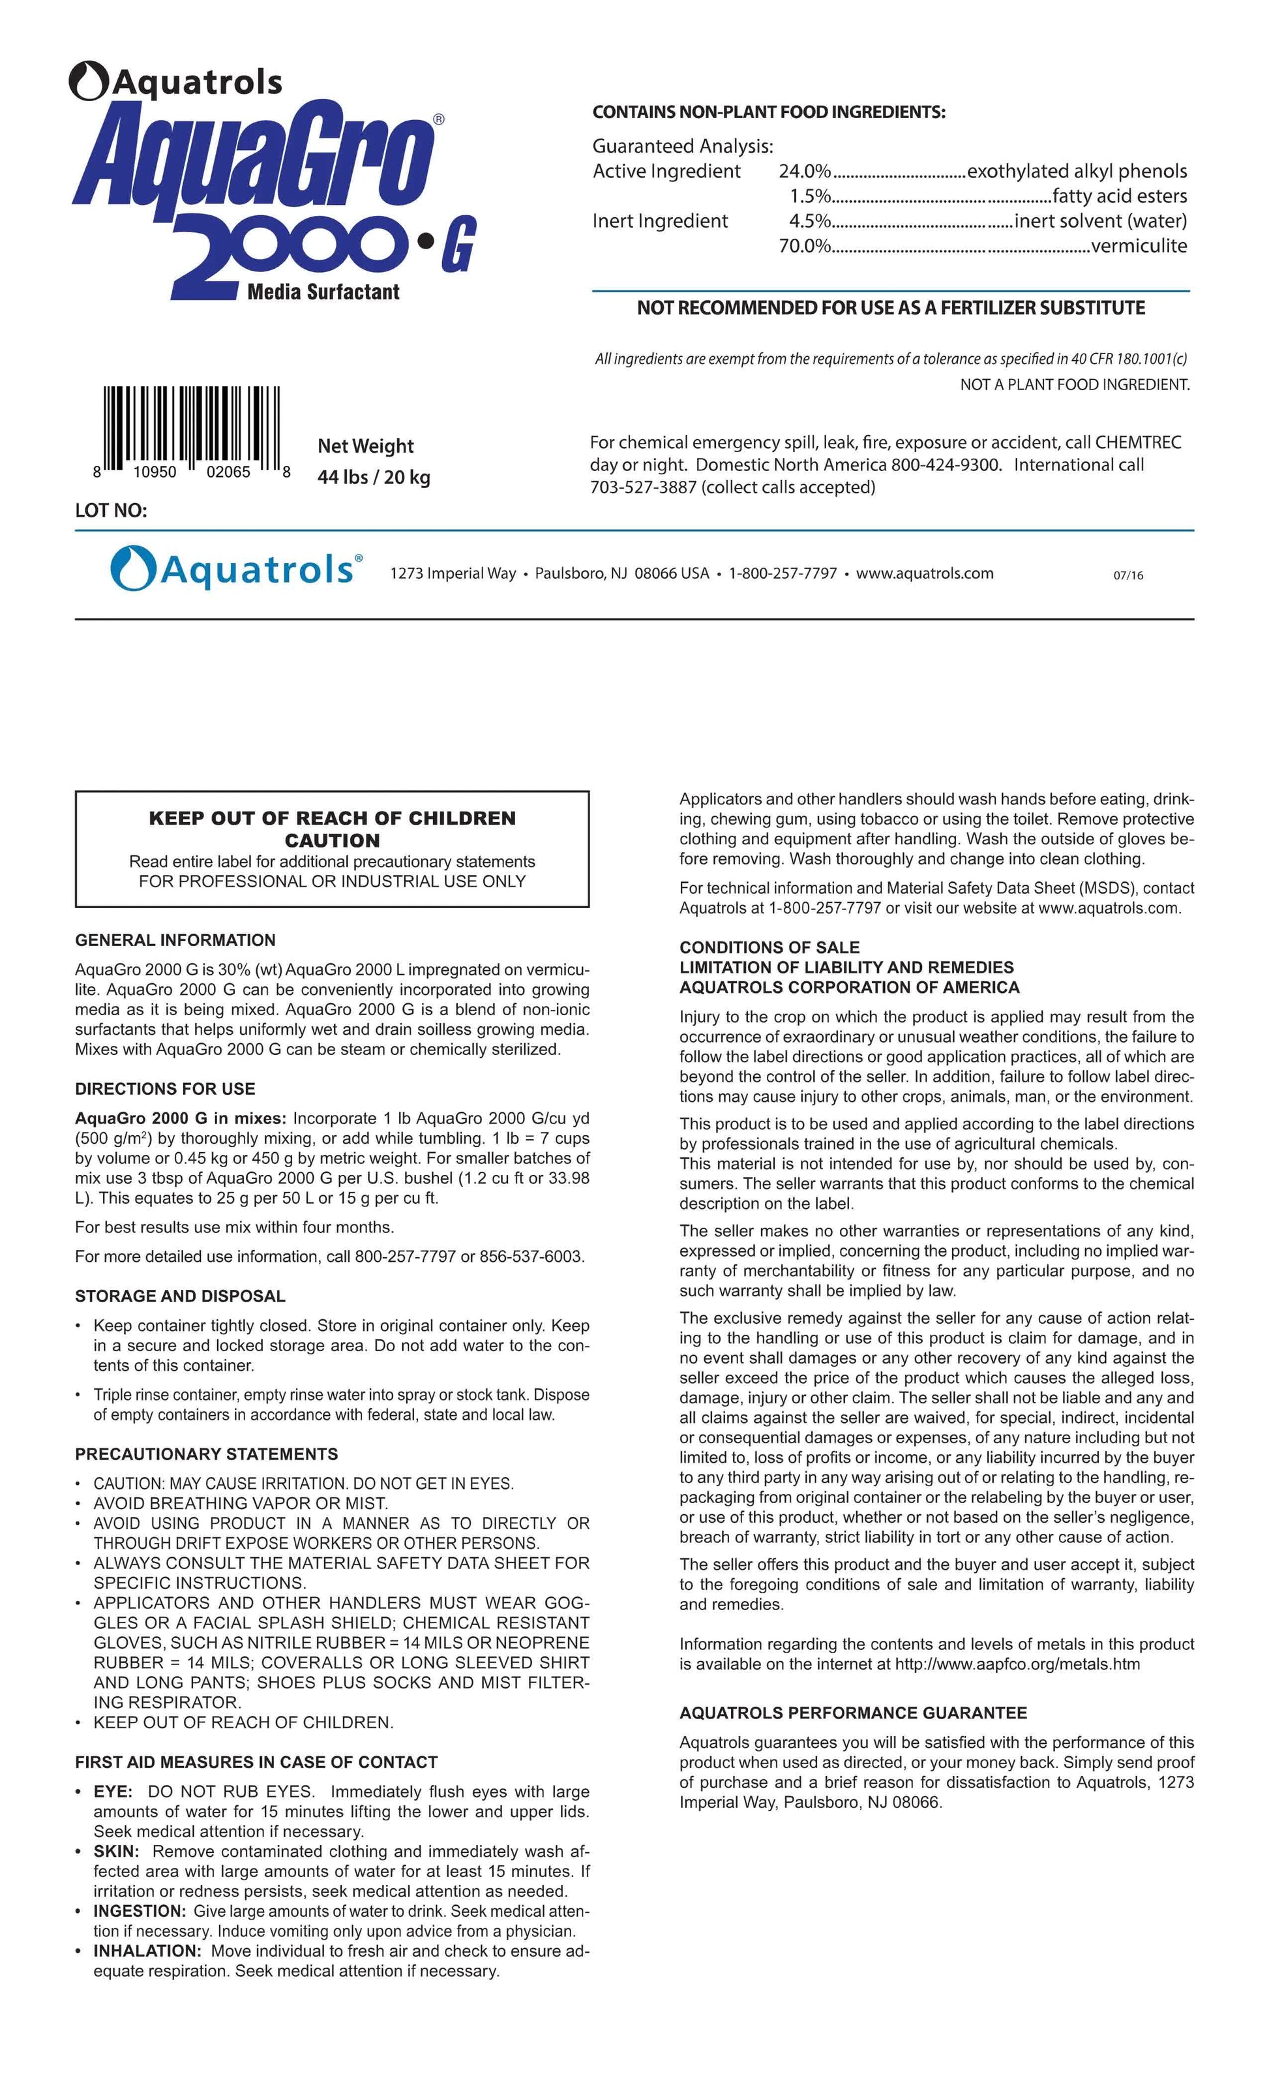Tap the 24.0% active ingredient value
point(804,172)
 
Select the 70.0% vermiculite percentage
point(804,246)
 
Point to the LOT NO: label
point(111,510)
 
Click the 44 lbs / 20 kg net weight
point(373,477)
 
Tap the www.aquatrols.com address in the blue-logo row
point(925,573)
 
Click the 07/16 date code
point(1128,575)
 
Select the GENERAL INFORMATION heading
point(175,940)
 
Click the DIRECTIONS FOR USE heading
point(164,1089)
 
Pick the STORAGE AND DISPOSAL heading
point(180,1296)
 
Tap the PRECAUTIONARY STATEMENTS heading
point(206,1454)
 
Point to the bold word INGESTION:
point(139,1911)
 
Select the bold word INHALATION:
point(147,1951)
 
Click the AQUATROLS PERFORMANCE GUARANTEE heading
point(852,1713)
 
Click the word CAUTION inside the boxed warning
point(332,841)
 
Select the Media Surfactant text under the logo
point(323,292)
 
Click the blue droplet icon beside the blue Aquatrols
point(132,568)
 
